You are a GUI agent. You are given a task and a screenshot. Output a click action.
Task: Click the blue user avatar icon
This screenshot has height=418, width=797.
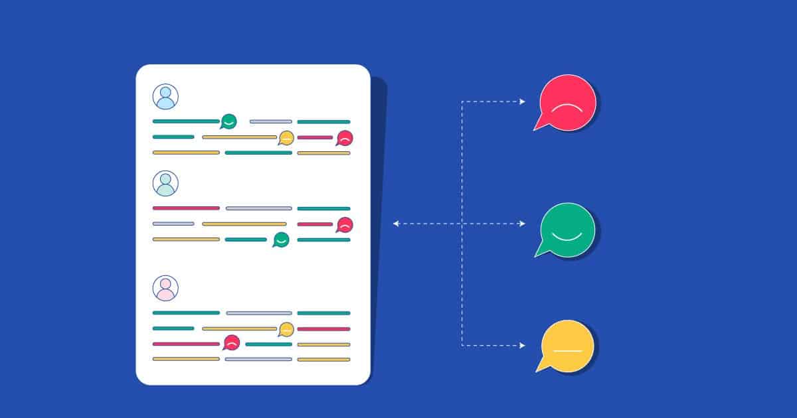click(165, 96)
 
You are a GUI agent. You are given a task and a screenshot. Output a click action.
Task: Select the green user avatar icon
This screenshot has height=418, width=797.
click(165, 183)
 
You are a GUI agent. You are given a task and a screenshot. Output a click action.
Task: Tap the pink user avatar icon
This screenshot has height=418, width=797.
click(165, 288)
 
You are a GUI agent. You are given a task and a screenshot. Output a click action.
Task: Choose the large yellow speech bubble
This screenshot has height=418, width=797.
click(568, 346)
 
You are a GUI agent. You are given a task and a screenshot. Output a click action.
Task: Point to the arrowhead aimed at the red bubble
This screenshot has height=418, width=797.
click(523, 102)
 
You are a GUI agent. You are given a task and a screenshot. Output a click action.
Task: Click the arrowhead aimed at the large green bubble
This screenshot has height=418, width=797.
click(523, 224)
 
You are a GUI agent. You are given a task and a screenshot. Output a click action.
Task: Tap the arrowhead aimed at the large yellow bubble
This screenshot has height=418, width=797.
click(523, 346)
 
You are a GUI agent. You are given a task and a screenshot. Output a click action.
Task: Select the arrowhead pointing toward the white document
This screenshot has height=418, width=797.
click(396, 224)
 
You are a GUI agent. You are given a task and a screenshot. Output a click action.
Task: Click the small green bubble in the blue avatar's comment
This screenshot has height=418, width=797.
click(228, 121)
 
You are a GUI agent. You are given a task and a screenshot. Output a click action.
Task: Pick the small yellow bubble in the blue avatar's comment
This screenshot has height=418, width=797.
click(286, 138)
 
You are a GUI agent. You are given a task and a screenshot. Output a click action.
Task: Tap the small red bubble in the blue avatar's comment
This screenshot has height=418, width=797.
click(345, 138)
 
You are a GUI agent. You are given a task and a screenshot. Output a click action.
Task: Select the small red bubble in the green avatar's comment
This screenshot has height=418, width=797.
click(344, 225)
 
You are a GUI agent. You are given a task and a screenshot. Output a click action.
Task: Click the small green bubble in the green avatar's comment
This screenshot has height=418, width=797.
click(281, 240)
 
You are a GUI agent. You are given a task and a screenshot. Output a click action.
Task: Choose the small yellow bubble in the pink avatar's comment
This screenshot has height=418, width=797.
click(286, 329)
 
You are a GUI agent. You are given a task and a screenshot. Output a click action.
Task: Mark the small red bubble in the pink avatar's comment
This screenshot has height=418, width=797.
click(231, 343)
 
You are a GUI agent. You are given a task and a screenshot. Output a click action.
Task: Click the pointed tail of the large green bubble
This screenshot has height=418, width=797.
click(538, 254)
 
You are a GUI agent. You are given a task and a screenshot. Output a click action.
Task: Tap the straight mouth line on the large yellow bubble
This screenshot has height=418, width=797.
click(568, 350)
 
